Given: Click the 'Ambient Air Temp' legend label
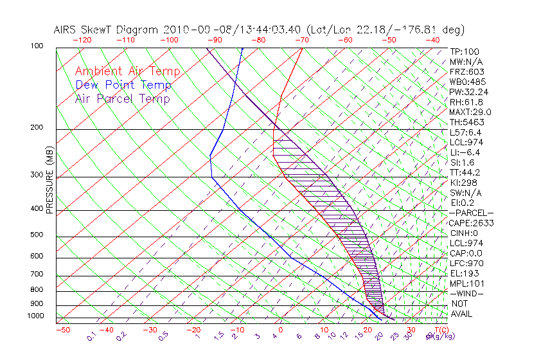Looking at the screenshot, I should (127, 71).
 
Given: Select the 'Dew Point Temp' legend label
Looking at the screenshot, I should (123, 85).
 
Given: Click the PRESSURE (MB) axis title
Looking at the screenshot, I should (51, 181).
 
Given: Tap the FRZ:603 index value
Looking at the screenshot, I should (467, 71).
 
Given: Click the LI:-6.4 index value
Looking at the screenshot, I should (466, 152).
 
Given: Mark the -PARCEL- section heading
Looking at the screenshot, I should (471, 213).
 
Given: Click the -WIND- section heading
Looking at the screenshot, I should (467, 293).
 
